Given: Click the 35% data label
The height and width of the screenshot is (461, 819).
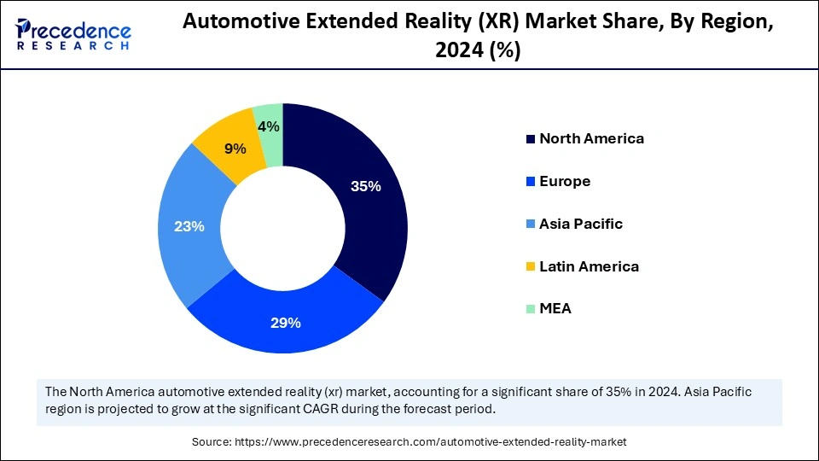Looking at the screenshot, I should coord(365,186).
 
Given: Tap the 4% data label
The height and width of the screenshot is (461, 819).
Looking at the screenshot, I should coord(269,126).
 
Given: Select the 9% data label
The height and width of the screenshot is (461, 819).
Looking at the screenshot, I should coord(235,149).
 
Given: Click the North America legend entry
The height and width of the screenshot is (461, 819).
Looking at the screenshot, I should coord(590,138).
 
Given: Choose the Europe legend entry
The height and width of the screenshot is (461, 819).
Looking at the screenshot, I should coord(564,181).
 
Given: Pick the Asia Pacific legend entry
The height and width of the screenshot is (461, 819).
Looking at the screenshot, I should coord(580,224).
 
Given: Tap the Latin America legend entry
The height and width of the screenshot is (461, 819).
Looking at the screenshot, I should coord(588,266).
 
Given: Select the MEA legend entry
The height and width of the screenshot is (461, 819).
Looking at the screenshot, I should coord(555,308).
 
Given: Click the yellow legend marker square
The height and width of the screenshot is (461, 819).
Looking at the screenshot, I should coord(531,267).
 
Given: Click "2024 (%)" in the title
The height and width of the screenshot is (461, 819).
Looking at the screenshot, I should coord(478,51).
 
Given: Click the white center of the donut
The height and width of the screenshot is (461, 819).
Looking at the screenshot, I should coord(283,228).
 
